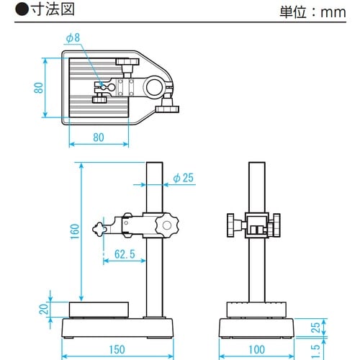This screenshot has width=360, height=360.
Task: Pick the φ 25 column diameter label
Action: [x=186, y=178]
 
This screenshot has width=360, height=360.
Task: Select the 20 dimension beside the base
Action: [x=42, y=309]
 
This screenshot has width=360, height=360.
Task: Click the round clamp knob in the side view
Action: [x=168, y=225]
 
